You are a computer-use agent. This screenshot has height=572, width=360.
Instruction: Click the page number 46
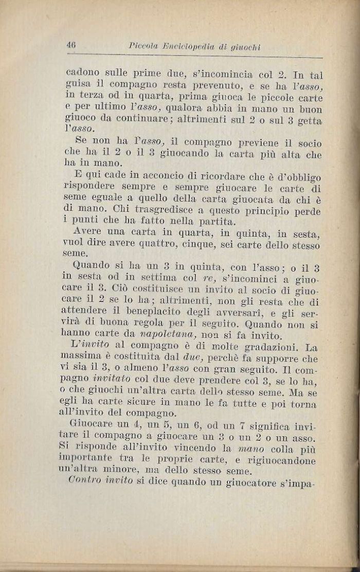point(71,45)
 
